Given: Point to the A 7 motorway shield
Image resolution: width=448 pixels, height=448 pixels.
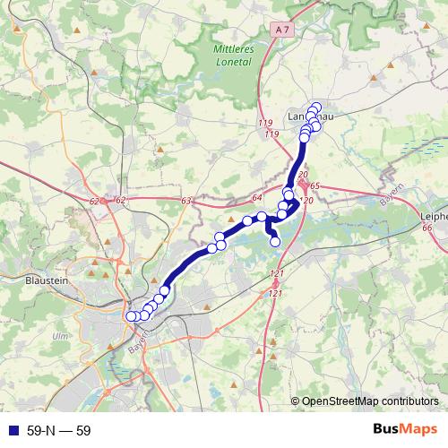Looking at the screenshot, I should (284, 30).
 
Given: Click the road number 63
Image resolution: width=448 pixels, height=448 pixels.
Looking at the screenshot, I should (186, 201).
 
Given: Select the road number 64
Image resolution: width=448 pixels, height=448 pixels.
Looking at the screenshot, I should (256, 197).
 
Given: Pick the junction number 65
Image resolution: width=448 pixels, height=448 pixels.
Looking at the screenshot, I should (314, 185).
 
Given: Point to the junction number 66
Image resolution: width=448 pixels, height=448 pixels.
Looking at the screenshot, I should (426, 228).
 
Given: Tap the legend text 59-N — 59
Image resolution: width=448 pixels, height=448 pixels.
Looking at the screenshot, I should (59, 430).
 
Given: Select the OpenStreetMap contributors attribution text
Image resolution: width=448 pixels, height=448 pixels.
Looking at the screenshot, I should (370, 401).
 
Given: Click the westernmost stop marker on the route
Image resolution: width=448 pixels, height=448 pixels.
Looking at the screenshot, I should (131, 315).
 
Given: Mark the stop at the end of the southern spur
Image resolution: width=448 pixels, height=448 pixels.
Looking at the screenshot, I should (275, 241).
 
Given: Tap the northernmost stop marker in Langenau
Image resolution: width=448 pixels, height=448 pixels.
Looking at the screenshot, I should (315, 108).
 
